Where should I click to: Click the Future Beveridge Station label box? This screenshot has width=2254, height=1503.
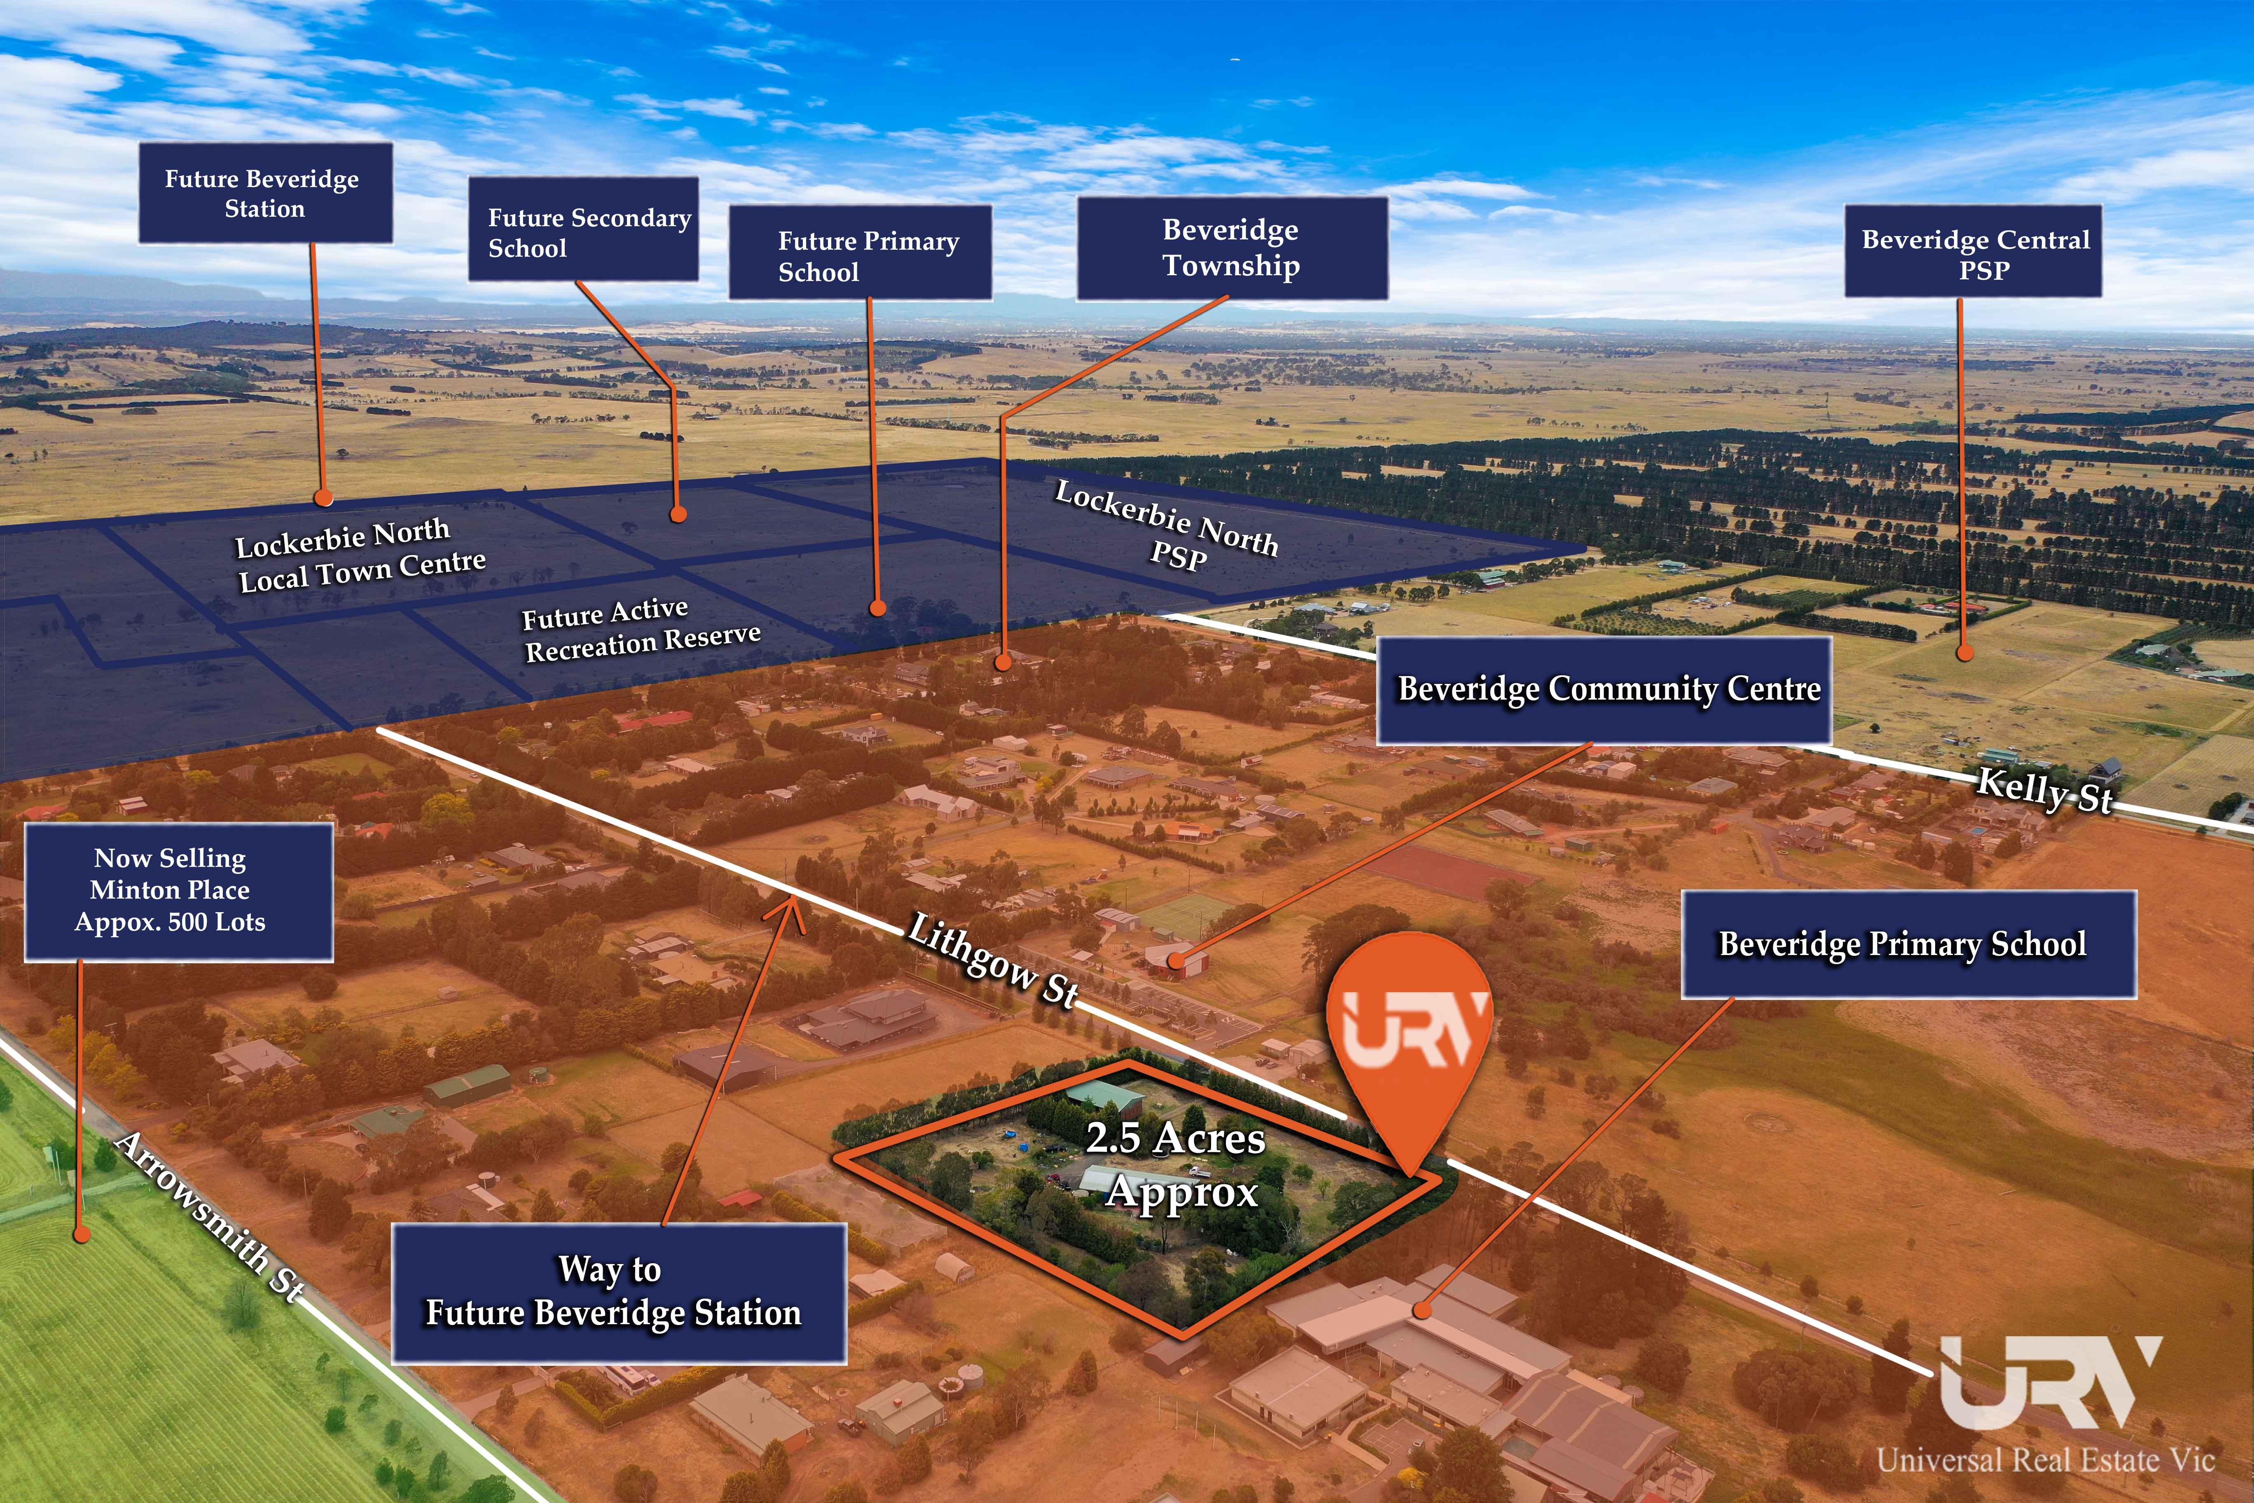pyautogui.click(x=265, y=193)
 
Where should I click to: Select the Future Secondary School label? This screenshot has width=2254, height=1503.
pyautogui.click(x=583, y=229)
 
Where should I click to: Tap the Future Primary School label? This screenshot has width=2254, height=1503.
pyautogui.click(x=860, y=252)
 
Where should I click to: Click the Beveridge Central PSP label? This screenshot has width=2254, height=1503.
pyautogui.click(x=1973, y=251)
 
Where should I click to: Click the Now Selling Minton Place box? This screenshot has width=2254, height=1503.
pyautogui.click(x=179, y=892)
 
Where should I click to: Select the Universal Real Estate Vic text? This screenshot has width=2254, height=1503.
pyautogui.click(x=2046, y=1460)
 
